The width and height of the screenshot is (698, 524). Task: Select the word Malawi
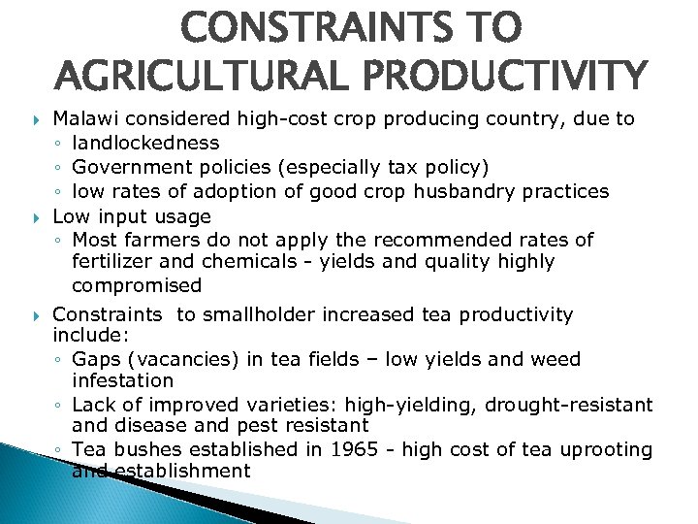click(82, 119)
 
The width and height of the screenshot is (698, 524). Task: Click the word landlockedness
click(146, 144)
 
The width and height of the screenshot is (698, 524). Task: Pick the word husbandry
click(461, 191)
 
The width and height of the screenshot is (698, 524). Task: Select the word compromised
click(137, 286)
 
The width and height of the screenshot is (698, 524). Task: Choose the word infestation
click(123, 381)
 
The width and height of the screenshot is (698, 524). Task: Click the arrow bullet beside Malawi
click(36, 120)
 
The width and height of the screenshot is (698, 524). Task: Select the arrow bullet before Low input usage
click(36, 215)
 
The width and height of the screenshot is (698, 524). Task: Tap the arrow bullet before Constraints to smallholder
click(36, 315)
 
